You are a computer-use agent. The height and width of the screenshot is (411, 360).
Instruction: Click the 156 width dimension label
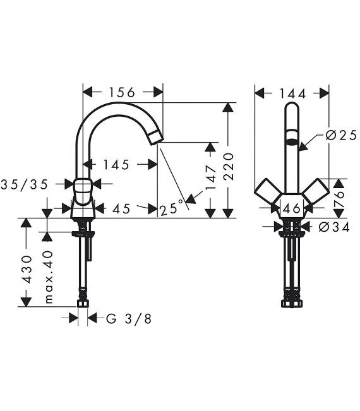[x=122, y=92]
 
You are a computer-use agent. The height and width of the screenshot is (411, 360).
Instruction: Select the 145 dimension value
[x=116, y=165]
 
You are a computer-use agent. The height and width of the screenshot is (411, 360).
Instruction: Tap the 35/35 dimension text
[x=26, y=184]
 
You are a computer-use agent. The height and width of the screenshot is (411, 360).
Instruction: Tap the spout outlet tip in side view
[x=157, y=137]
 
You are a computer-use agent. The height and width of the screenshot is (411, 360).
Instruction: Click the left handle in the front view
[x=265, y=192]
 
